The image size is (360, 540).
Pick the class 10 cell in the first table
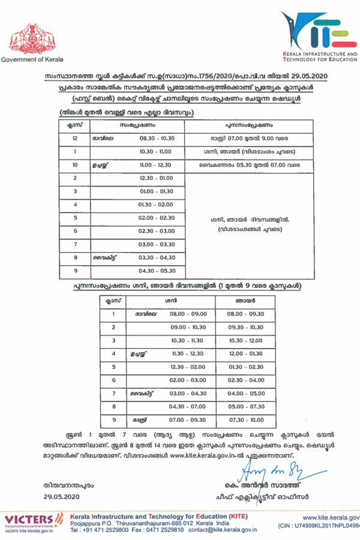pyautogui.click(x=75, y=164)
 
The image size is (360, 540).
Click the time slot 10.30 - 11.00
pyautogui.click(x=155, y=151)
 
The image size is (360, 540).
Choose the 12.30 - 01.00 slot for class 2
pyautogui.click(x=155, y=178)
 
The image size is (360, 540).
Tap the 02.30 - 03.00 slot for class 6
pyautogui.click(x=155, y=231)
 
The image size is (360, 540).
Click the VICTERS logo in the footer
pyautogui.click(x=34, y=518)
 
